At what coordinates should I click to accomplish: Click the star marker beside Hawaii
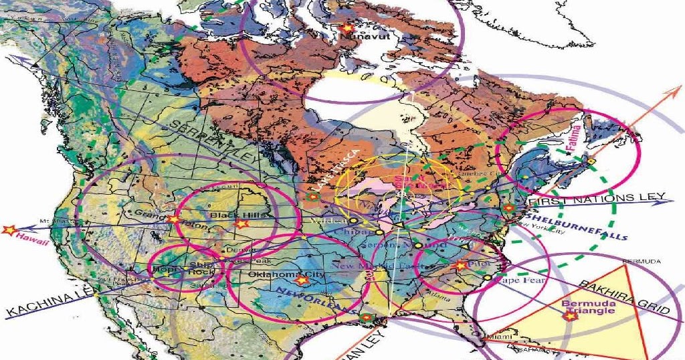pyautogui.click(x=8, y=230)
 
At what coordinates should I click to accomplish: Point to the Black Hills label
pyautogui.click(x=233, y=215)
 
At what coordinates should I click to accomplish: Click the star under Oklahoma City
pyautogui.click(x=301, y=280)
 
